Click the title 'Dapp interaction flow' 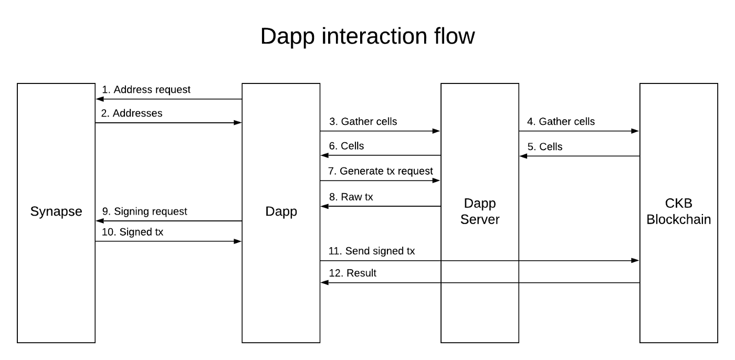(x=367, y=37)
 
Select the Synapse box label (x=56, y=212)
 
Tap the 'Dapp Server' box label (x=480, y=211)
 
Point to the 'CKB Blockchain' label (x=678, y=211)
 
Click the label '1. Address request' (x=146, y=90)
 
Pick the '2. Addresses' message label (x=132, y=113)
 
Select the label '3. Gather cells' (x=363, y=121)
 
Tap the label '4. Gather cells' (x=561, y=121)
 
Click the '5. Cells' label (x=545, y=146)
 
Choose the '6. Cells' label (x=346, y=146)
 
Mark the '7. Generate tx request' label (x=381, y=171)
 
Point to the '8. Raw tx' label (x=351, y=197)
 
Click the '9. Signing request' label (x=145, y=211)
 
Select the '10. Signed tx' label (x=132, y=232)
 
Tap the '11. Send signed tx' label (x=372, y=251)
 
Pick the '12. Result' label (x=353, y=273)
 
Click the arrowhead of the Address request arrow (x=100, y=99)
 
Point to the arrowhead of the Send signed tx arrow (x=635, y=261)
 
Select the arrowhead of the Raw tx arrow (x=324, y=206)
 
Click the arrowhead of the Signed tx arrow (x=237, y=241)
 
